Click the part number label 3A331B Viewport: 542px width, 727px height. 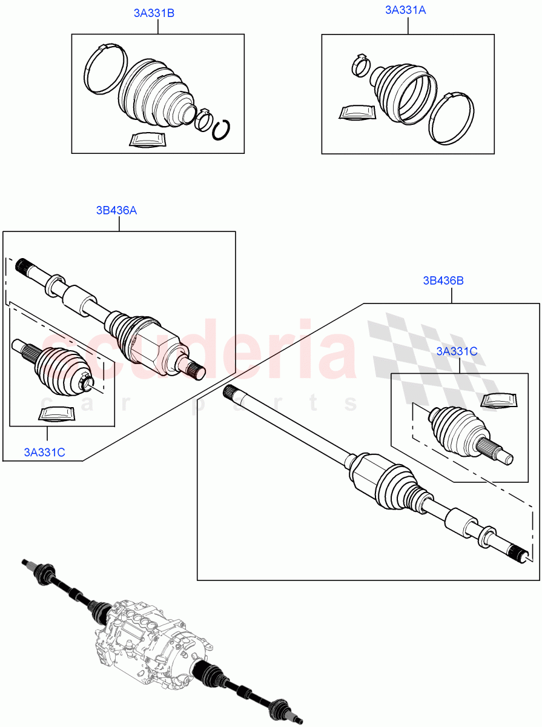point(154,13)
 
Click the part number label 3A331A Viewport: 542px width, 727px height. point(405,10)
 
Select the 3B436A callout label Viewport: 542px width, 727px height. point(116,210)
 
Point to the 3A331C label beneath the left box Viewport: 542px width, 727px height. point(45,451)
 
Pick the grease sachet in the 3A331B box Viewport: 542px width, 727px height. point(147,139)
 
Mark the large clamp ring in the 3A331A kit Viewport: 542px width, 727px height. point(451,119)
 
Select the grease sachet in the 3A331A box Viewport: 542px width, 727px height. point(357,114)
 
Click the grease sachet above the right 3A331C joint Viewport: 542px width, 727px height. point(500,400)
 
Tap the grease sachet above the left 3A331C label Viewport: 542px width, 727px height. point(56,414)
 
